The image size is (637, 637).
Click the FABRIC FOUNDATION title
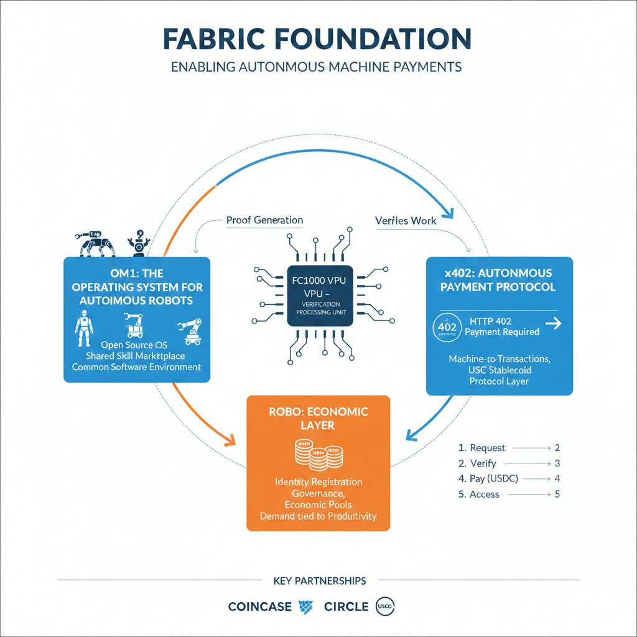(x=317, y=39)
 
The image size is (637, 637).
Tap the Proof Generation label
(x=264, y=220)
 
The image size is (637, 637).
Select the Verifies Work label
(x=406, y=220)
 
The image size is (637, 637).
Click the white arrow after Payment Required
(x=552, y=323)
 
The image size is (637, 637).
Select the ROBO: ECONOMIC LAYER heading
(x=318, y=419)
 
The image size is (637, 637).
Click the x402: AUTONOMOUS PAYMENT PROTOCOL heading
(x=499, y=280)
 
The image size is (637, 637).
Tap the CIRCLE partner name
(x=346, y=607)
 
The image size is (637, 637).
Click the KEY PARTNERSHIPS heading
(x=319, y=581)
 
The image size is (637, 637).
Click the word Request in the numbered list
(x=488, y=448)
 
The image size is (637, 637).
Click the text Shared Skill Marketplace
(x=136, y=355)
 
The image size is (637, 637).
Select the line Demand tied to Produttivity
(x=318, y=516)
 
